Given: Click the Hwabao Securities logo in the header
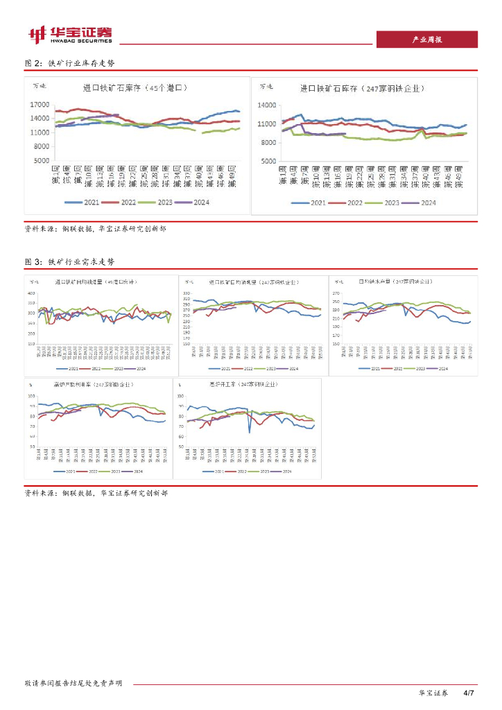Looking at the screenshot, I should pos(69,34).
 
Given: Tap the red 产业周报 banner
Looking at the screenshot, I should pos(426,40).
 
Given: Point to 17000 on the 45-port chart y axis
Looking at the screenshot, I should pos(40,105).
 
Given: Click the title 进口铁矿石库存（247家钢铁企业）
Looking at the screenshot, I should pos(362,89).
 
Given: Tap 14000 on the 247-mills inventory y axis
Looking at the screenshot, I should pos(267,105).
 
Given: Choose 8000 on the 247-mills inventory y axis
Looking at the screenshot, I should pos(268,142).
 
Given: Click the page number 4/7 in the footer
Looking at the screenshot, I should pos(468,693).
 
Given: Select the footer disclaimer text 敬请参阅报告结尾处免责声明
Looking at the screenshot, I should pos(73,683).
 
